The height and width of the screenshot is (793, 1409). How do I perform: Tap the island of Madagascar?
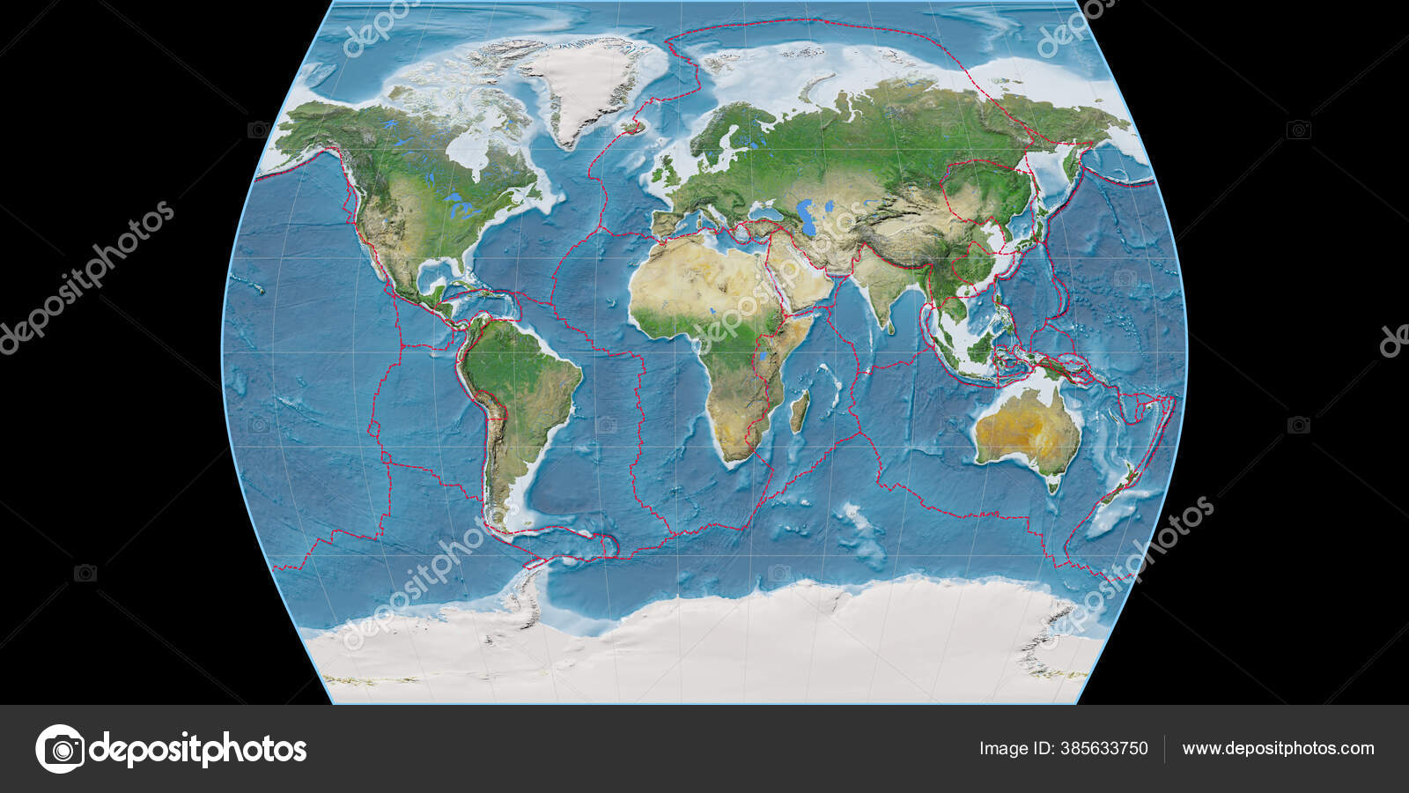coord(799,412)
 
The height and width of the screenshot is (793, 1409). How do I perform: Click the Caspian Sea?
coord(803,212)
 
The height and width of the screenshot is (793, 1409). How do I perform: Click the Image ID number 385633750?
coord(1063,749)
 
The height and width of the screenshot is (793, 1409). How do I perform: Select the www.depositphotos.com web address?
coord(1278,749)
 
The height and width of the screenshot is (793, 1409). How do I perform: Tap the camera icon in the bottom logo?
coord(60,749)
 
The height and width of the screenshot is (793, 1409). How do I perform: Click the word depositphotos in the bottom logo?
coord(198,750)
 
